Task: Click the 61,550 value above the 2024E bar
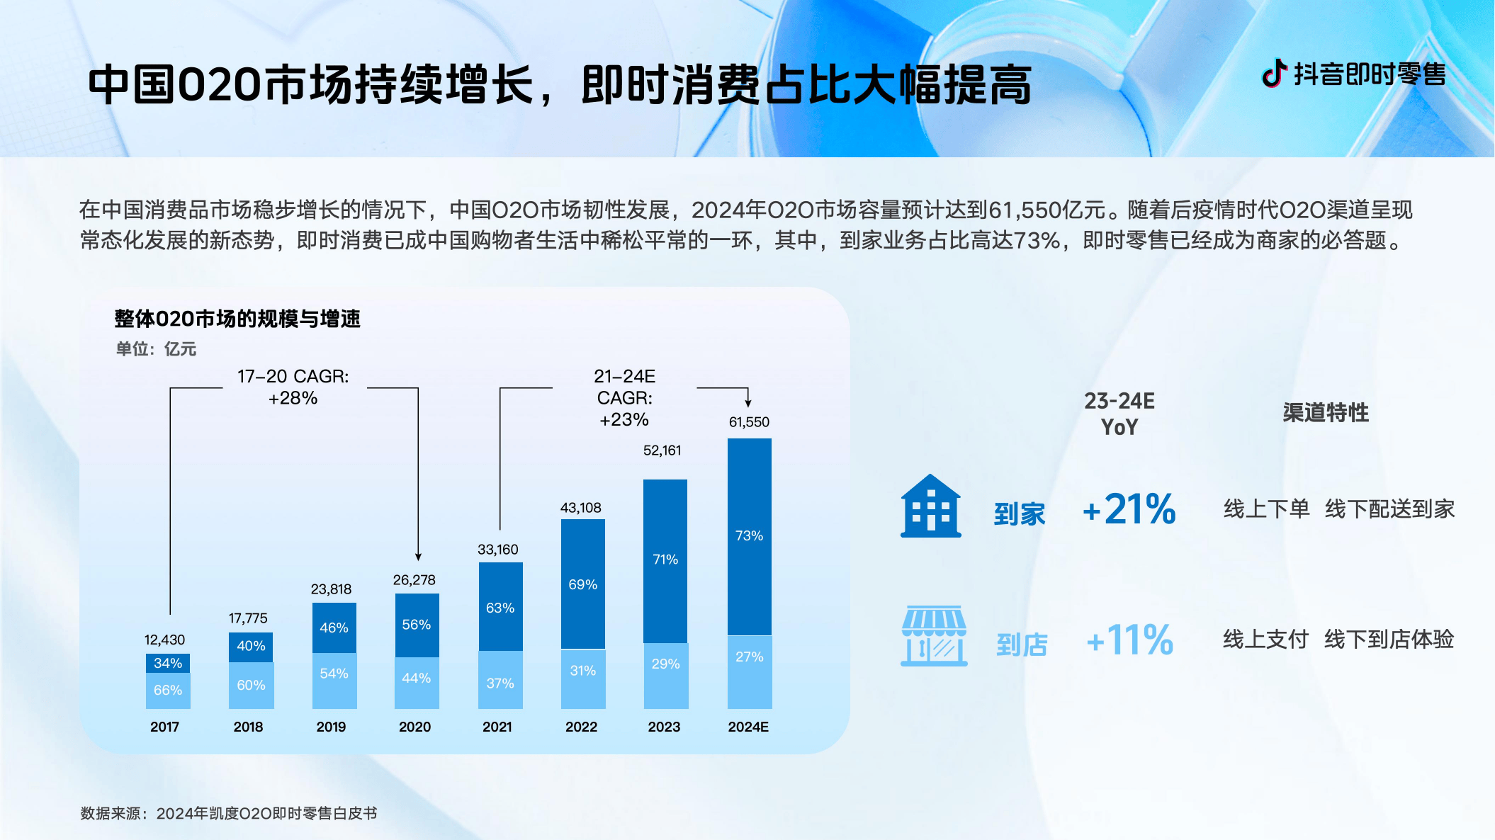[x=749, y=422]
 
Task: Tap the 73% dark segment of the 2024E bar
[x=750, y=536]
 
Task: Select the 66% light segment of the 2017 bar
[x=168, y=691]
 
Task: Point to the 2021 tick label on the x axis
[x=497, y=727]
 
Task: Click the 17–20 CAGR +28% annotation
[x=293, y=387]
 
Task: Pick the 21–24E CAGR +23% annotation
[x=624, y=398]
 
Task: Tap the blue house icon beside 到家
[x=930, y=506]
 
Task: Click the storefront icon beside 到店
[x=933, y=636]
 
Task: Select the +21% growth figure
[x=1129, y=509]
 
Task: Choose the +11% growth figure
[x=1130, y=640]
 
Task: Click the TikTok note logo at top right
[x=1274, y=73]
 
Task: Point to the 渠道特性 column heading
[x=1325, y=413]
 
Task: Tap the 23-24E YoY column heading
[x=1119, y=414]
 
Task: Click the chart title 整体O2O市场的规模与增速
[x=237, y=319]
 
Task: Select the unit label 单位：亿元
[x=156, y=349]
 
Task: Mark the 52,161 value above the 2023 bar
[x=662, y=450]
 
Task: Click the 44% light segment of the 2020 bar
[x=417, y=679]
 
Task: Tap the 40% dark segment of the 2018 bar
[x=251, y=646]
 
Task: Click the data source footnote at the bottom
[x=228, y=813]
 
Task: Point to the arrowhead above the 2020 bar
[x=418, y=557]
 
